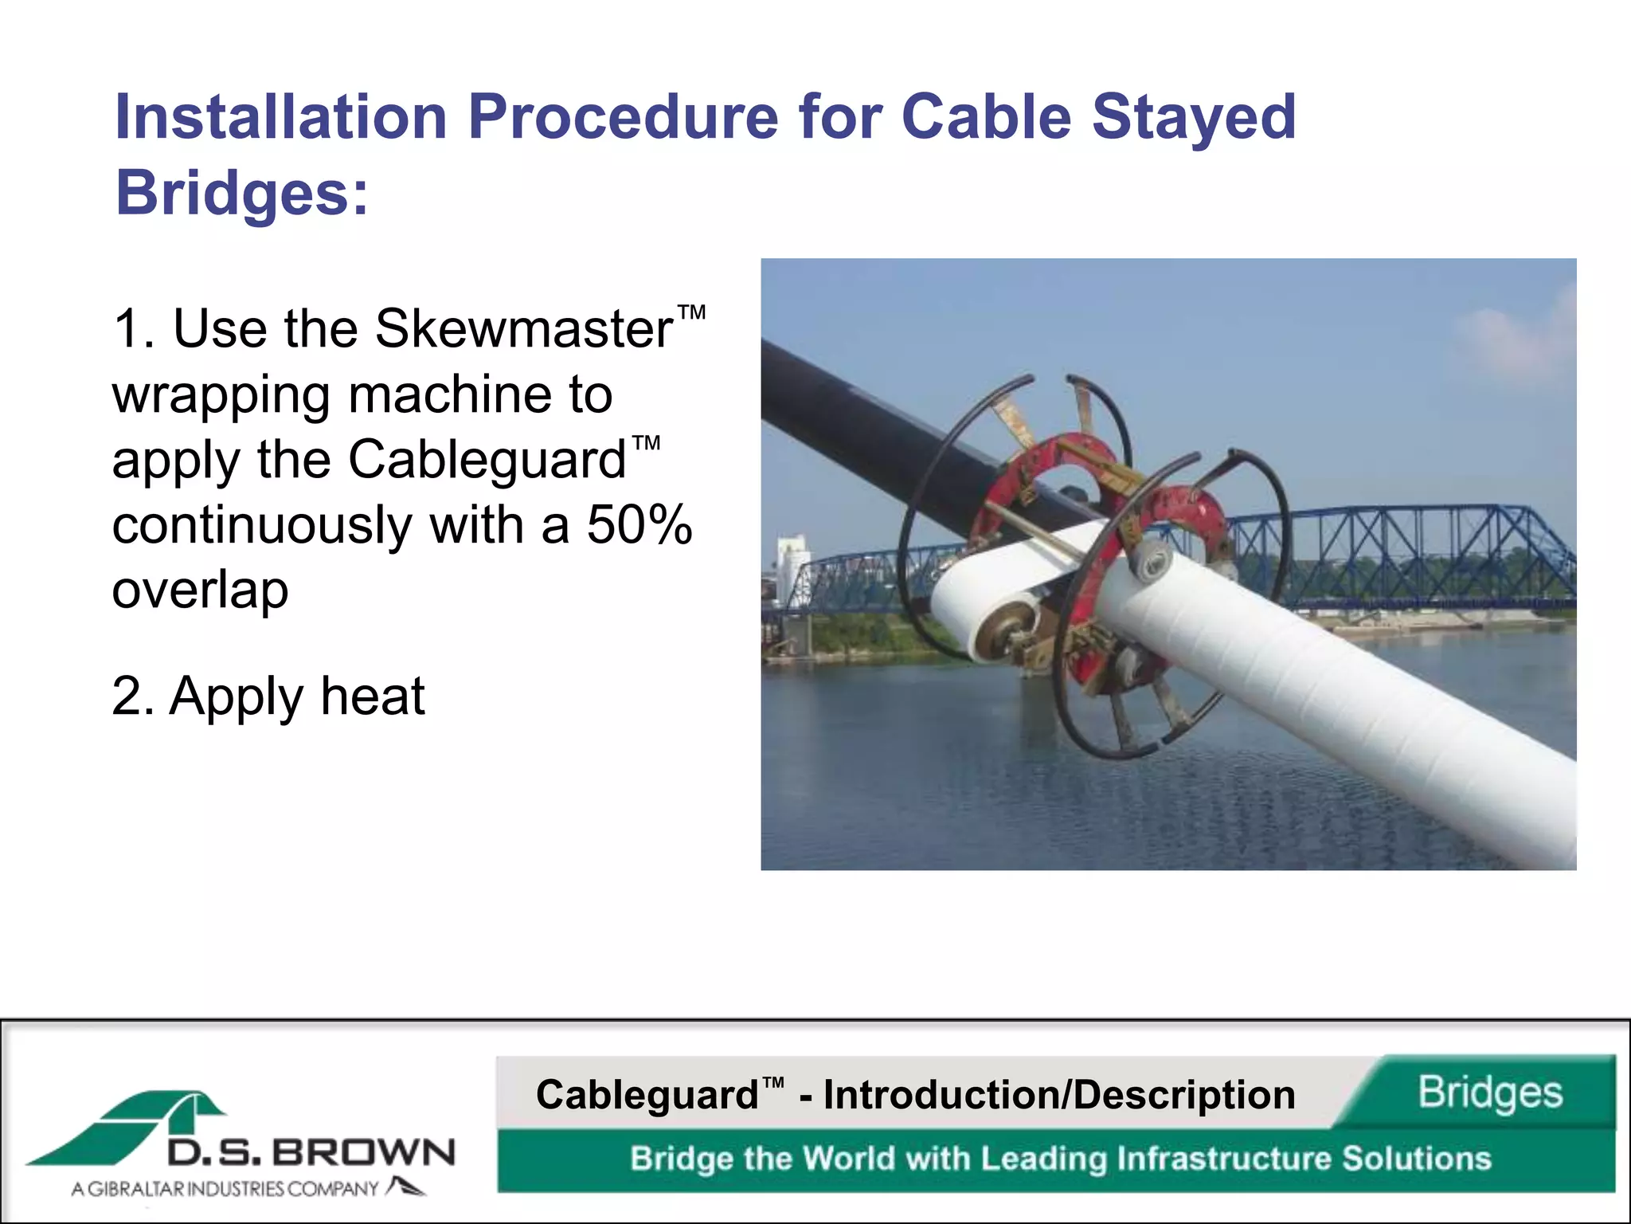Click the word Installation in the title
pyautogui.click(x=280, y=117)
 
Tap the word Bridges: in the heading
pyautogui.click(x=242, y=193)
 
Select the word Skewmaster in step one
pyautogui.click(x=524, y=328)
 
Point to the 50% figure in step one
pyautogui.click(x=639, y=525)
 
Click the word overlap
pyautogui.click(x=200, y=590)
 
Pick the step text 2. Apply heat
pyautogui.click(x=268, y=696)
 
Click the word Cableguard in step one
pyautogui.click(x=487, y=460)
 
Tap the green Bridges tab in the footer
pyautogui.click(x=1489, y=1092)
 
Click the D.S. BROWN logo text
pyautogui.click(x=311, y=1153)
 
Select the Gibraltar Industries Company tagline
pyautogui.click(x=225, y=1189)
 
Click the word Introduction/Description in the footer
pyautogui.click(x=1059, y=1094)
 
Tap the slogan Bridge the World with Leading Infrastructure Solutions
pyautogui.click(x=1059, y=1159)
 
